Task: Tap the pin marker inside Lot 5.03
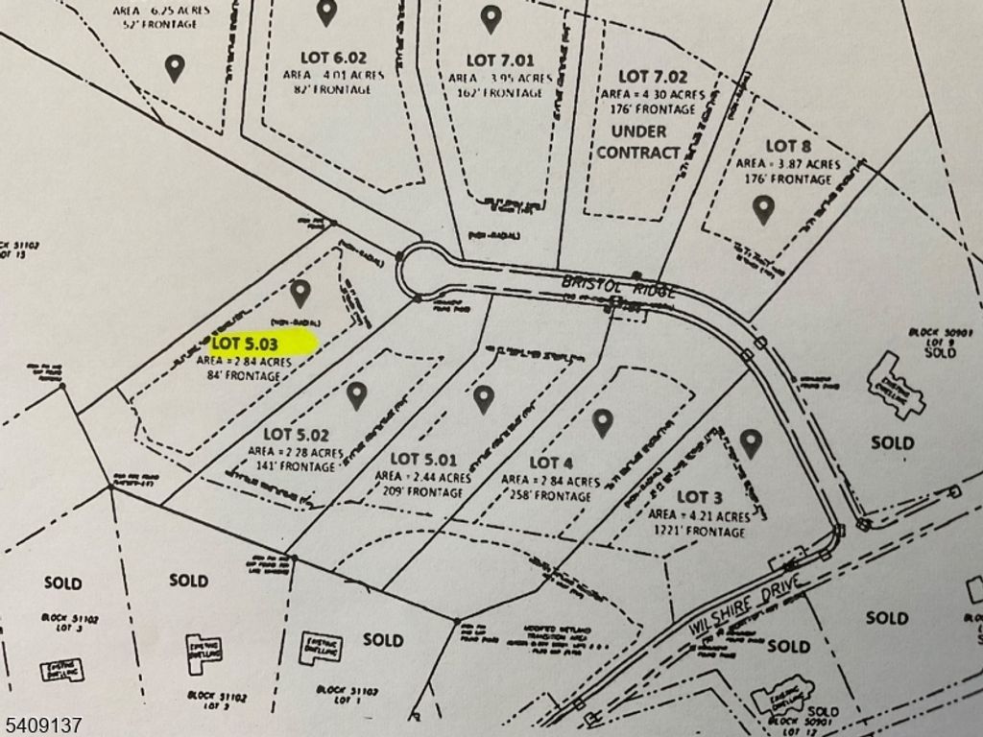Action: point(300,292)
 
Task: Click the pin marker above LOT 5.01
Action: point(483,398)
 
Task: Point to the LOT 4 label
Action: point(550,464)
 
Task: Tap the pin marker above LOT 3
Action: point(751,442)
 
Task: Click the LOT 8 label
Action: point(788,146)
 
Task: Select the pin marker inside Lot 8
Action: point(763,208)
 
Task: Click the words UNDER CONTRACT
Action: point(638,141)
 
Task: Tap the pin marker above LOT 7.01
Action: point(491,17)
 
